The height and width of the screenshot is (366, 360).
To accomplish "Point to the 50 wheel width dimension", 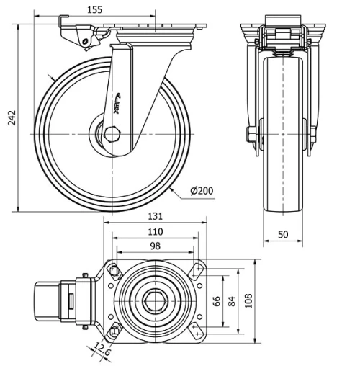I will point(282,234).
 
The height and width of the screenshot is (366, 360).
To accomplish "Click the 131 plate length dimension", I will point(156,216).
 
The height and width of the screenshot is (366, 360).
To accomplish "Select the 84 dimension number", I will point(231,300).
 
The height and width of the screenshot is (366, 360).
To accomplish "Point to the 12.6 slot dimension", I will point(101,352).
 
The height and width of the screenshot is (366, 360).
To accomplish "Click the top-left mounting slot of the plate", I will point(113,269).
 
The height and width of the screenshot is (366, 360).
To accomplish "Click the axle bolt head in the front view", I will point(251,134).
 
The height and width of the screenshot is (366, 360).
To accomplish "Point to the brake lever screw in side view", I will point(86,43).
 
